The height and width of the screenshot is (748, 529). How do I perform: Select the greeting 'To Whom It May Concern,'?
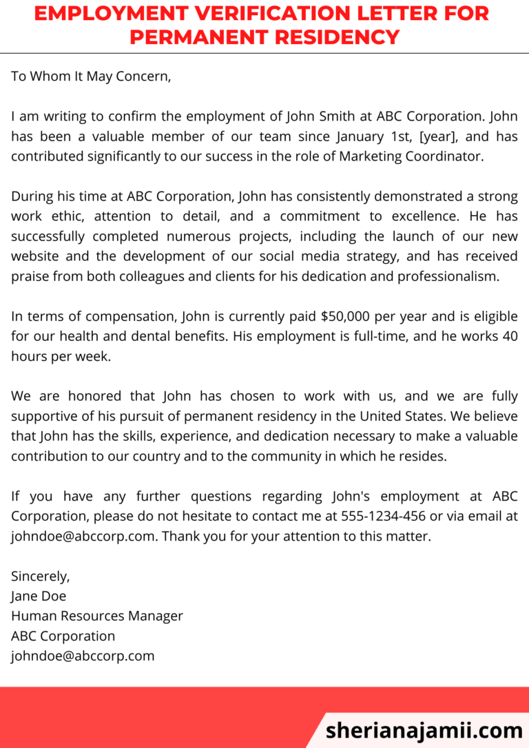click(x=91, y=76)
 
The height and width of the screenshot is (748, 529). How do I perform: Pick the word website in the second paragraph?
click(x=38, y=257)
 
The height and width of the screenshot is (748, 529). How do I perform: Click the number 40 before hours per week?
click(x=509, y=337)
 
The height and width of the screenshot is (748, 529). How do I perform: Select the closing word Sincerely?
click(x=40, y=576)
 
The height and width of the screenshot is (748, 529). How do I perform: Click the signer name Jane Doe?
click(x=39, y=596)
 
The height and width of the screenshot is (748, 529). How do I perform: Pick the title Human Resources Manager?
click(x=97, y=616)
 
